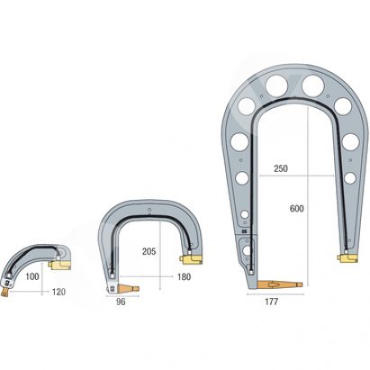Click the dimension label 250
(x=280, y=168)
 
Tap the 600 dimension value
(x=296, y=208)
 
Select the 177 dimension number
(x=271, y=302)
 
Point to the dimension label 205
(x=149, y=251)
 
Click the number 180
(x=184, y=276)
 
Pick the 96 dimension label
(x=121, y=302)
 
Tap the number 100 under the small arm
(x=32, y=276)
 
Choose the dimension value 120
(x=59, y=292)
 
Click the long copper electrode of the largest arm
(x=280, y=284)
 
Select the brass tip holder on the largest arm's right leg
(x=347, y=258)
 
